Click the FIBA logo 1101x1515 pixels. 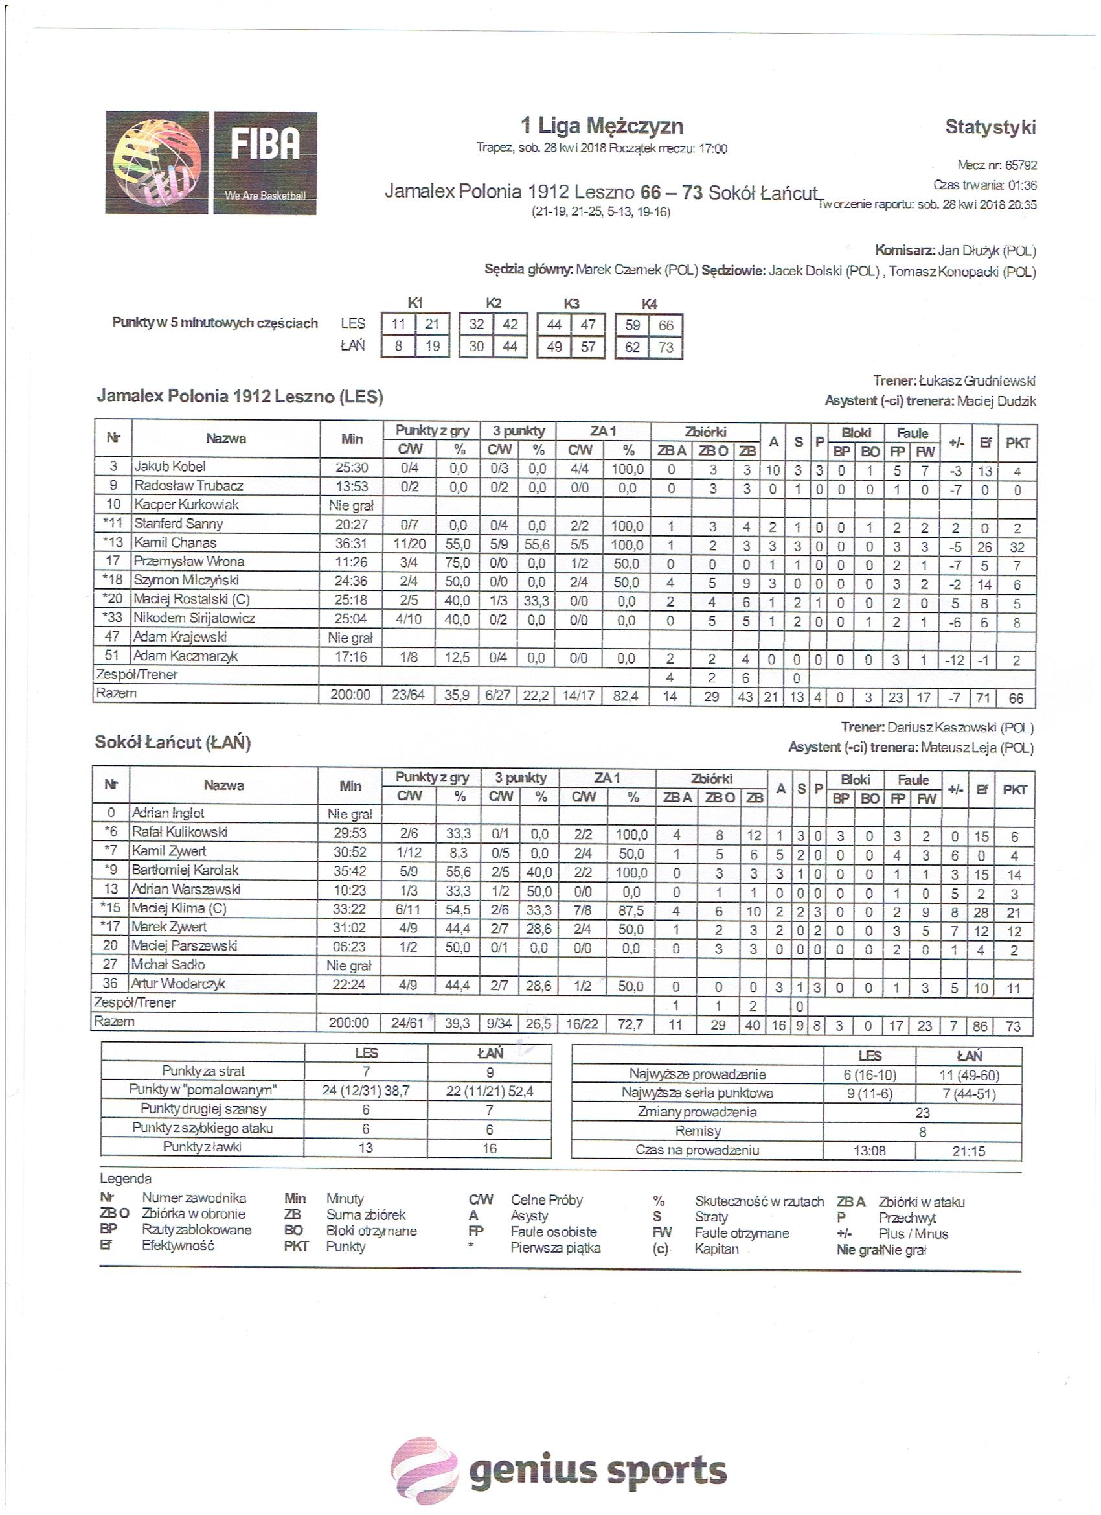(x=211, y=163)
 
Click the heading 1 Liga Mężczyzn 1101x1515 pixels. (x=602, y=126)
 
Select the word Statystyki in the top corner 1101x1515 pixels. (x=990, y=127)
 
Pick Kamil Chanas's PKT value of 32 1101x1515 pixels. (x=1017, y=547)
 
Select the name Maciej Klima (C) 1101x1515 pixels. (x=178, y=908)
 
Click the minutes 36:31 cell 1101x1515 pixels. (x=351, y=544)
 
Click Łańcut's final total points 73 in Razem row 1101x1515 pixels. (x=1013, y=1026)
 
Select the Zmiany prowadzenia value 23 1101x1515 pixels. (x=922, y=1113)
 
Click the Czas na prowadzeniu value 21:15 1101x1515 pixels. (x=968, y=1151)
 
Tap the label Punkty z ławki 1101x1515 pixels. (x=202, y=1147)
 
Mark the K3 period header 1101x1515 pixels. (x=571, y=304)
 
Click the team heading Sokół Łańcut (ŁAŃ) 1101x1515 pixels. (x=172, y=743)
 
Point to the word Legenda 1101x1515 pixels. (x=126, y=1178)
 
